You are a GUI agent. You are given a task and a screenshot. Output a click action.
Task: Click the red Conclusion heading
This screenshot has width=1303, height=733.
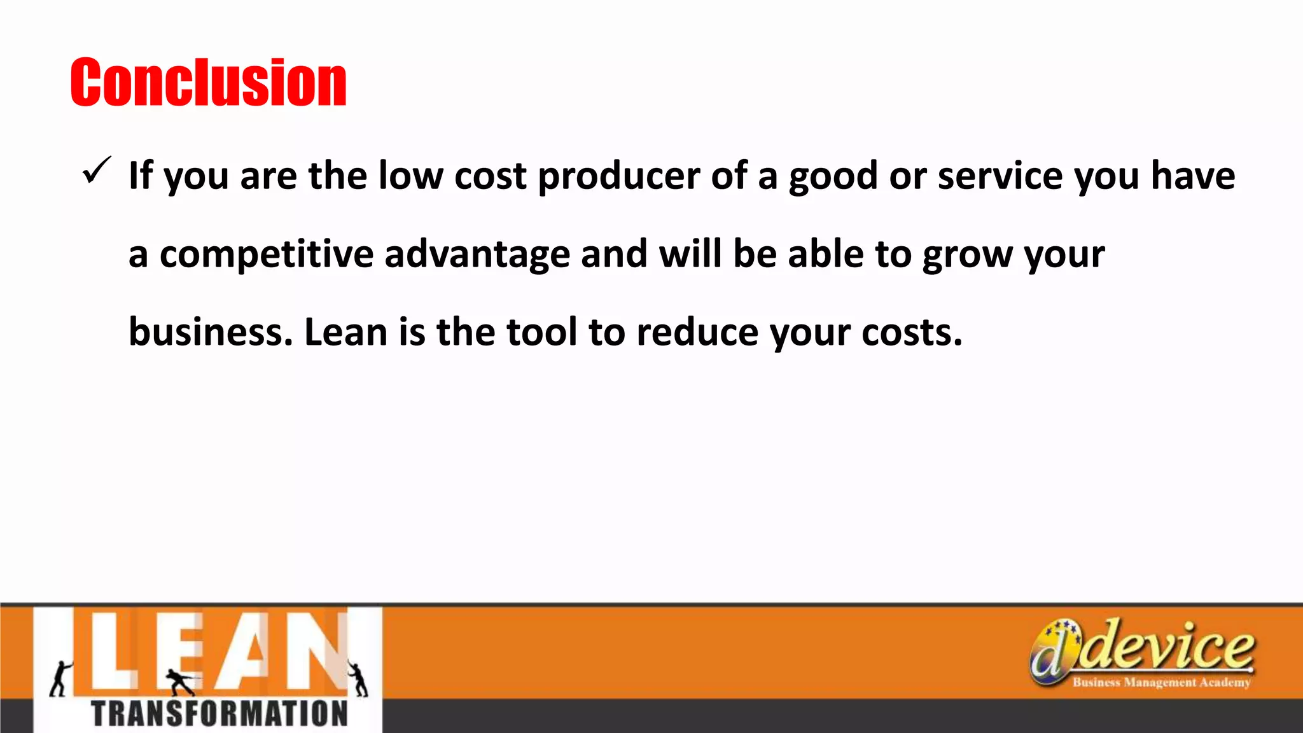point(208,82)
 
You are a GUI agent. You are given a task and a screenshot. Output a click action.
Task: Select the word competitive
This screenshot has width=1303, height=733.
point(267,255)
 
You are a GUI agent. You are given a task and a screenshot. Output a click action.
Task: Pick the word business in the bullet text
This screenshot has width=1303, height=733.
point(210,332)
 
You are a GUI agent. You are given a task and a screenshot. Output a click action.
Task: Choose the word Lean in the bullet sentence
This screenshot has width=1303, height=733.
point(346,332)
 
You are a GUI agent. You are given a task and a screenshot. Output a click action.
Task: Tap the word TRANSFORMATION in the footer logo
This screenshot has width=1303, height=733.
point(219,714)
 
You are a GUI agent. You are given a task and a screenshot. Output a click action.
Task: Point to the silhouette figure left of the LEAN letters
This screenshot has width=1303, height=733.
point(61,678)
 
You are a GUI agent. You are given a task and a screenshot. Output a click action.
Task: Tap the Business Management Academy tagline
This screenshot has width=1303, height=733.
point(1161,683)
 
